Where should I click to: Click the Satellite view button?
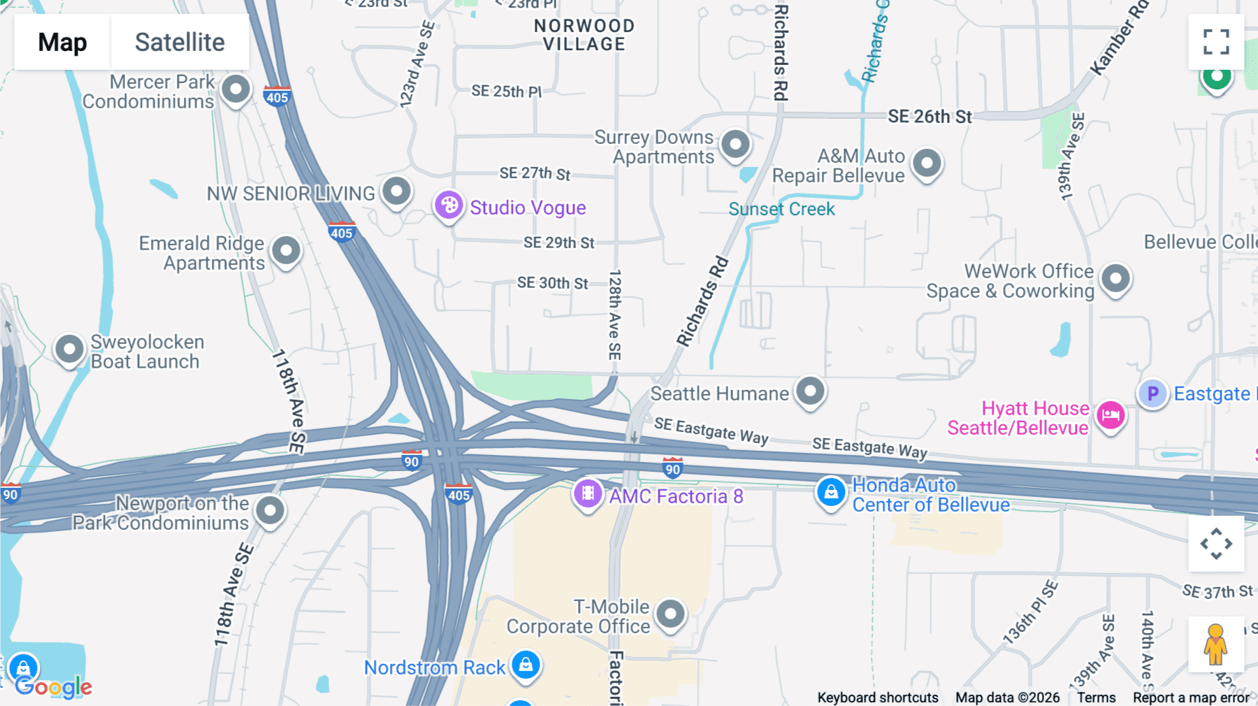180,42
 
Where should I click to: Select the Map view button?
62,42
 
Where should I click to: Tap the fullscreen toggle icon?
1216,42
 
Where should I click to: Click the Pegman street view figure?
1215,644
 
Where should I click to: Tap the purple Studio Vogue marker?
449,206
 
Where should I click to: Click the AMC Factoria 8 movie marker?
588,494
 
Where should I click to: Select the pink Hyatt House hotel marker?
1110,416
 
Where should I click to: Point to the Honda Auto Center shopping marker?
831,492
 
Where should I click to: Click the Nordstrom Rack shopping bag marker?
526,664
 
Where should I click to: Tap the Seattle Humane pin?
810,391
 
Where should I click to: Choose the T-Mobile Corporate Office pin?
670,614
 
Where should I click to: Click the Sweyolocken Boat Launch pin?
69,348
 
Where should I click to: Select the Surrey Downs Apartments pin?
735,145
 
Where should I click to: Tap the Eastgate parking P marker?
1152,394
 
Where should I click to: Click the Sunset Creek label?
781,209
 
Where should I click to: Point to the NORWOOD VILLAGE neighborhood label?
584,35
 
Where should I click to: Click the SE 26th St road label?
930,117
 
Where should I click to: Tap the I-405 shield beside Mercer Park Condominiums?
277,96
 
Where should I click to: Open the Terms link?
1096,698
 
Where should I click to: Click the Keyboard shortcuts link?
878,698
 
